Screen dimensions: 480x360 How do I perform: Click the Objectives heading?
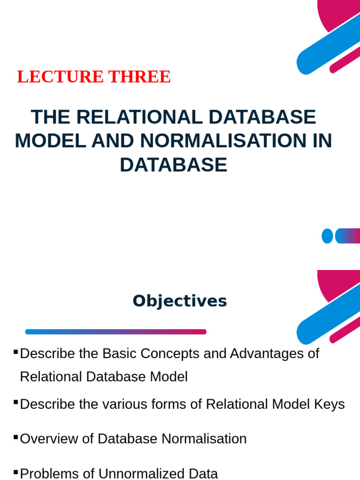(180, 301)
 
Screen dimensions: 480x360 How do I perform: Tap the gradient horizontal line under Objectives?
(116, 331)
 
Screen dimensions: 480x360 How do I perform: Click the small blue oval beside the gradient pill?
(327, 236)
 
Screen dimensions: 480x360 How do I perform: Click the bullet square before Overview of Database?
(16, 437)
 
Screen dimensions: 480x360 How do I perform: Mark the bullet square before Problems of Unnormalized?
(16, 471)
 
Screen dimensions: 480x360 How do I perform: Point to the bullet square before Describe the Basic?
(16, 351)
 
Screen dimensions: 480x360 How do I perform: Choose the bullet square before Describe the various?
(16, 402)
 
